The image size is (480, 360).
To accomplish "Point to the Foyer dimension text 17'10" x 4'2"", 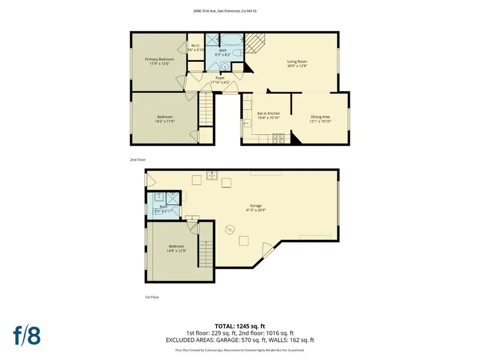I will point(220,83).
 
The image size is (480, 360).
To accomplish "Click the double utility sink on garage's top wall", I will point(212,175).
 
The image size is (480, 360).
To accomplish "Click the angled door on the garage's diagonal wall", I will point(268,249).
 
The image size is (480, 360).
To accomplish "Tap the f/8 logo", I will point(27,335).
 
